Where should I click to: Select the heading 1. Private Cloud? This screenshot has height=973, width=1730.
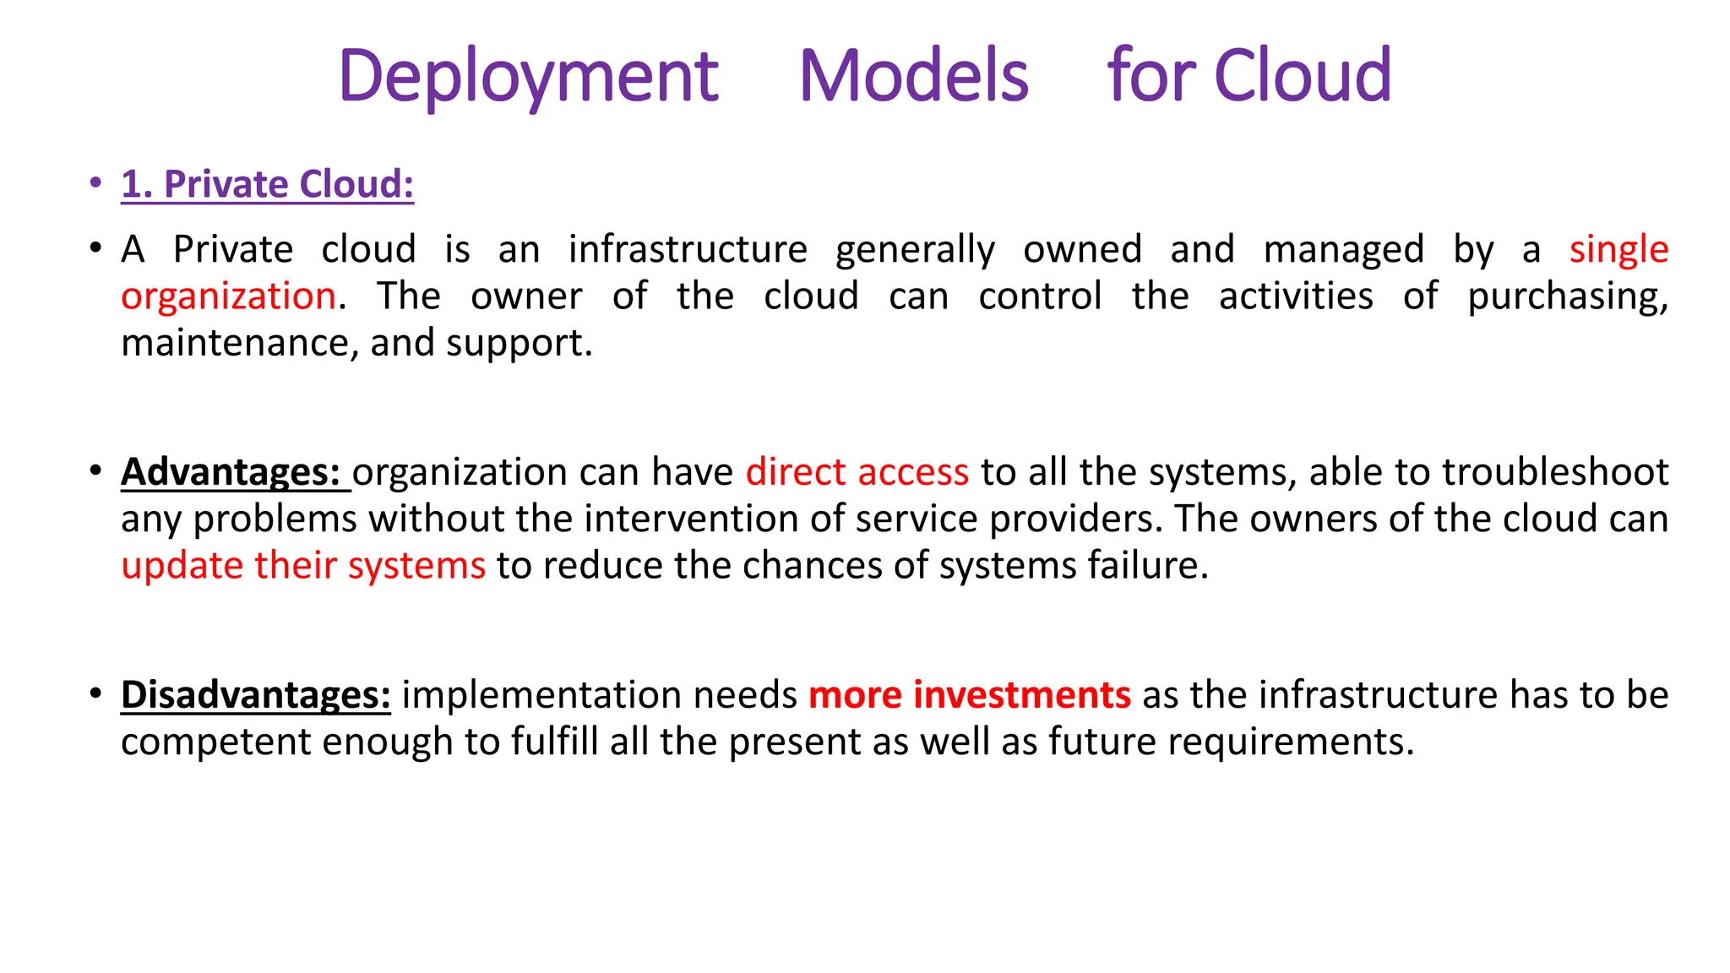coord(267,184)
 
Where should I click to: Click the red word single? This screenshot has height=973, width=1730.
coord(1618,250)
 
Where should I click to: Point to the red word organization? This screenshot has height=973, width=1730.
coord(228,296)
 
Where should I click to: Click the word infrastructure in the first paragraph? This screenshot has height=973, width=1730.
coord(688,250)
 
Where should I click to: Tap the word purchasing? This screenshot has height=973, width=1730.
coord(1567,297)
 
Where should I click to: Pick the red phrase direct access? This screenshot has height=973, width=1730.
coord(857,472)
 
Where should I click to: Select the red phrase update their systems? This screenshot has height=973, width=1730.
coord(303,566)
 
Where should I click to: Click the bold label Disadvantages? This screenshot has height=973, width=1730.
coord(255,695)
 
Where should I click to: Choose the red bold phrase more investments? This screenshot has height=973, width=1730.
coord(969,695)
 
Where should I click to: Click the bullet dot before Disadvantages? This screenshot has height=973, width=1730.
coord(96,693)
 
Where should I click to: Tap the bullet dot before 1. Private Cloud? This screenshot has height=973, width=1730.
coord(96,182)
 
